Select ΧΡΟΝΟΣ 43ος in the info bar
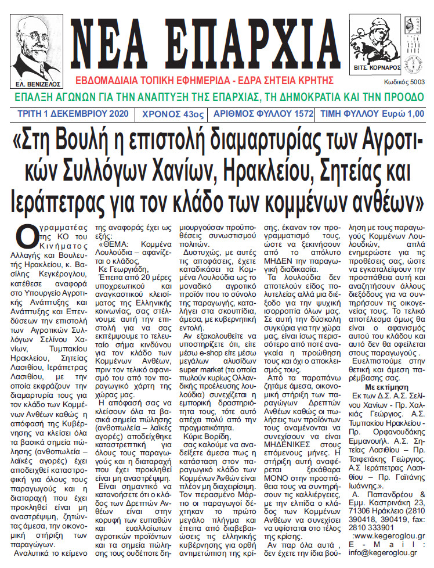[x=169, y=113]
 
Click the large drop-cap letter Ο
[x=27, y=235]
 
